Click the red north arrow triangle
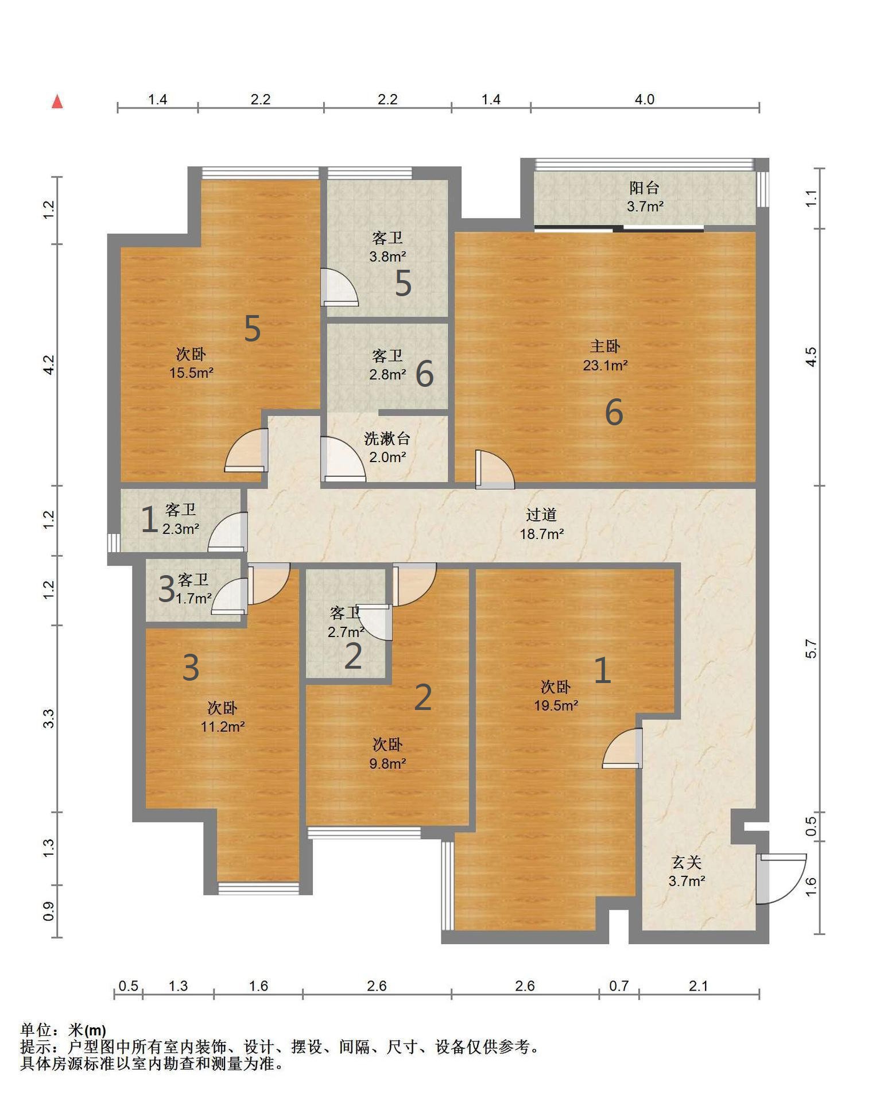pyautogui.click(x=57, y=102)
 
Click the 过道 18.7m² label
pyautogui.click(x=541, y=525)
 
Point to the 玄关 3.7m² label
pyautogui.click(x=687, y=871)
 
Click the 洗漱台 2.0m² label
pyautogui.click(x=387, y=448)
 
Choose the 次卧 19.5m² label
pyautogui.click(x=556, y=696)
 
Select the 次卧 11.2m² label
pyautogui.click(x=223, y=717)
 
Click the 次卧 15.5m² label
pyautogui.click(x=191, y=363)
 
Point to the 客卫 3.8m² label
pyautogui.click(x=387, y=247)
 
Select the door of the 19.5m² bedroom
pyautogui.click(x=622, y=748)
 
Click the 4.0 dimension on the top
pyautogui.click(x=644, y=99)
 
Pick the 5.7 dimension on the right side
pyautogui.click(x=811, y=649)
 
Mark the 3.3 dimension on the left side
pyautogui.click(x=49, y=719)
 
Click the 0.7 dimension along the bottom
pyautogui.click(x=618, y=986)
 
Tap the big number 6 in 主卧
pyautogui.click(x=614, y=412)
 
